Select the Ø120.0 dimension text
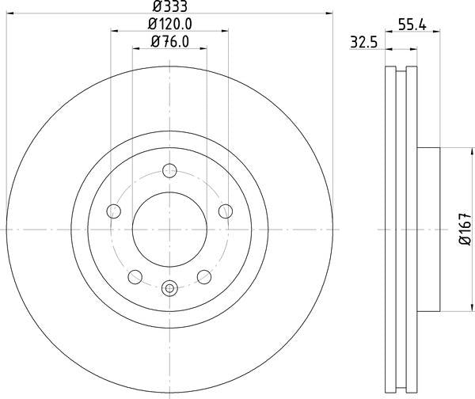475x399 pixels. tap(169, 25)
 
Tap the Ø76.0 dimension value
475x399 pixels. tap(169, 43)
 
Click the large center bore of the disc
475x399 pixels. tap(169, 230)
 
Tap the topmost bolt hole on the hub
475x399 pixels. tap(169, 170)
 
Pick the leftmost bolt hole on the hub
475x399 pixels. tap(113, 211)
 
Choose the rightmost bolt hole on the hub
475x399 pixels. tap(226, 211)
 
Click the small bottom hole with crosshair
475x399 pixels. tap(169, 289)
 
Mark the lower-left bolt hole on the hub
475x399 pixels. tap(135, 276)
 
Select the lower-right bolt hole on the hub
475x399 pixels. tap(204, 276)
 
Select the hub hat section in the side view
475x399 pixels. tap(427, 230)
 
